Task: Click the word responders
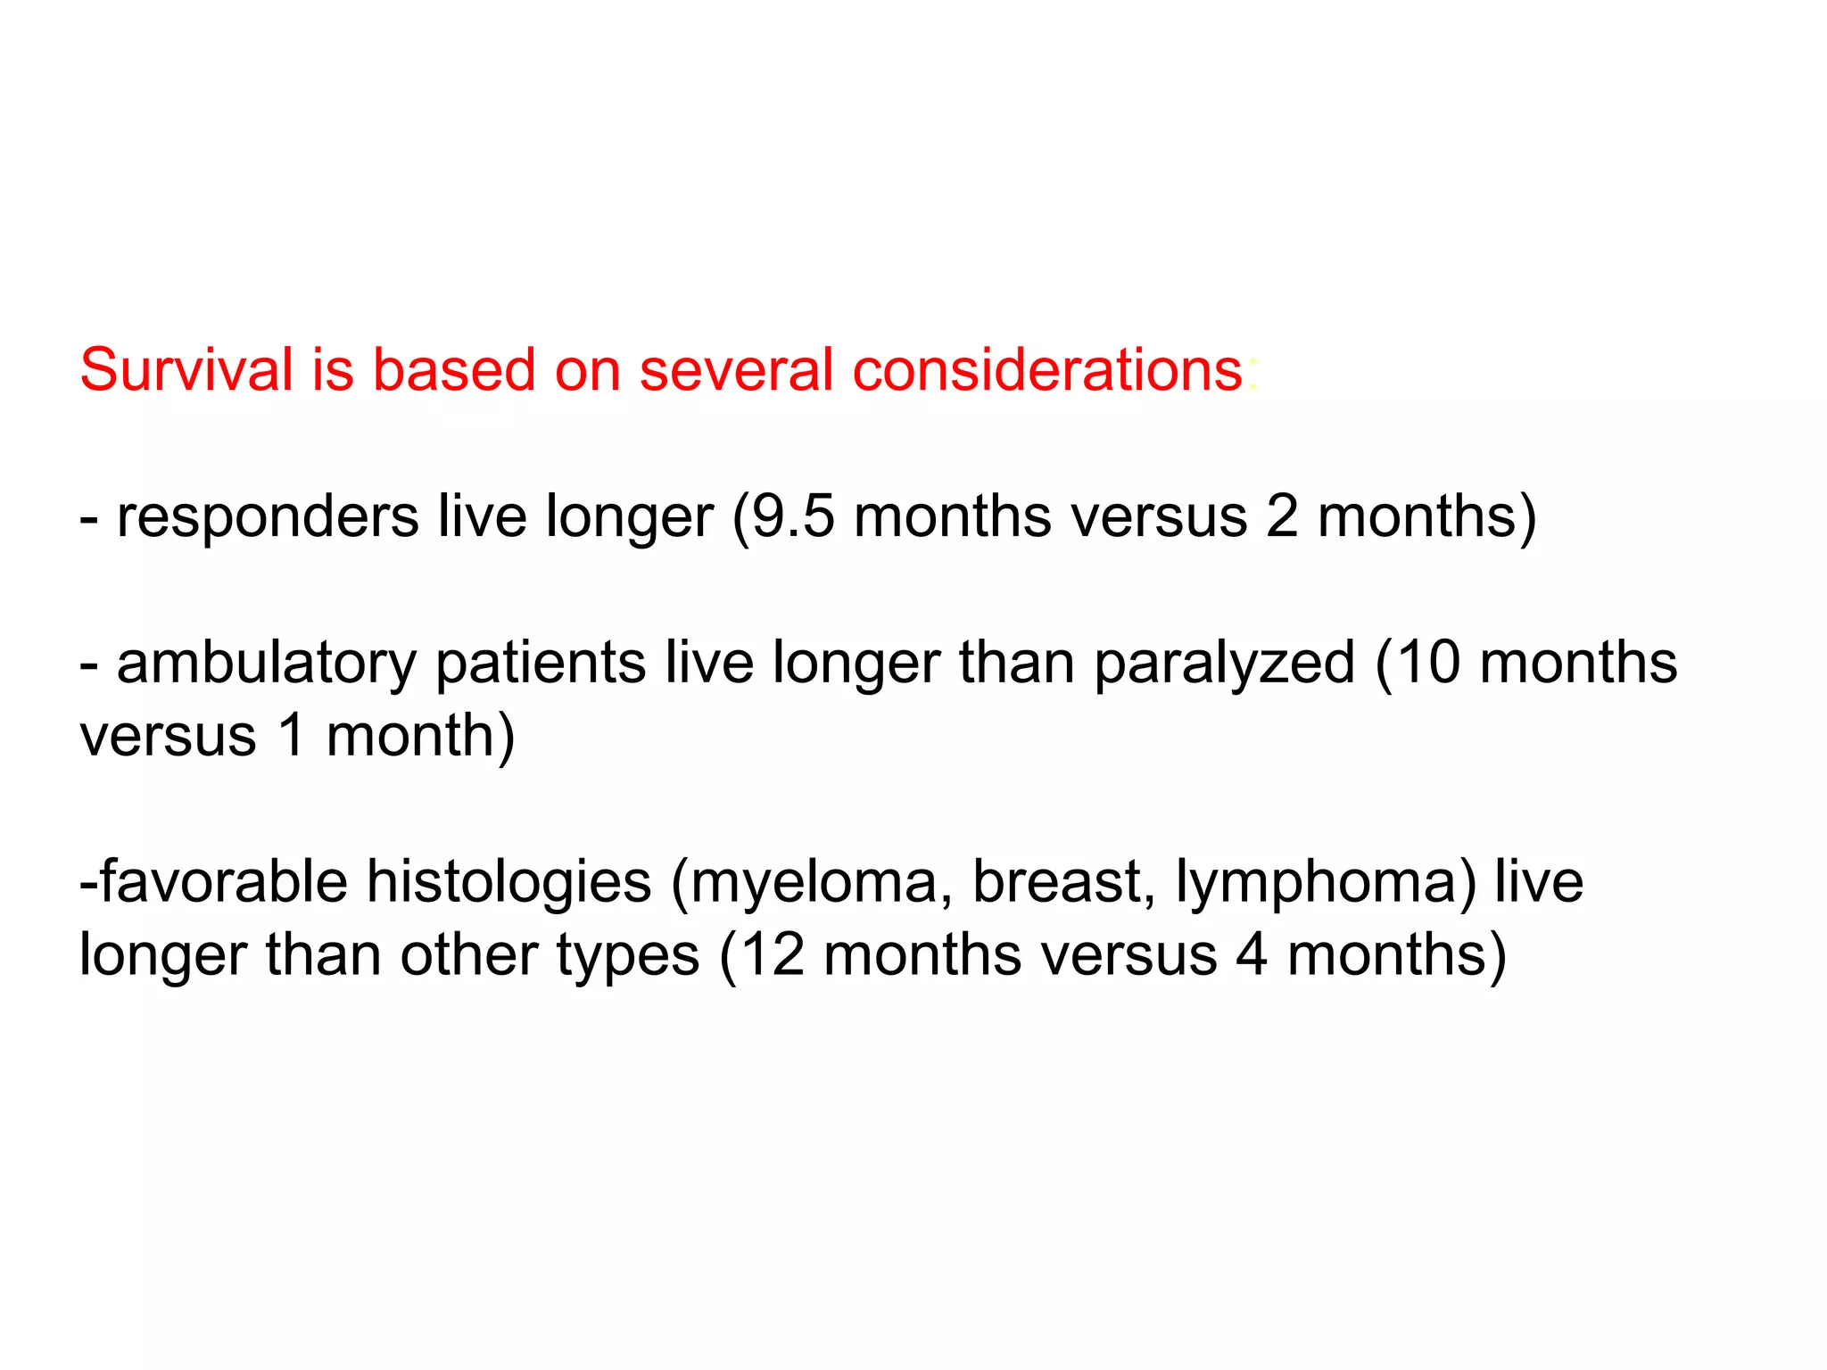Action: [268, 516]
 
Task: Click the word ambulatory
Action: [267, 663]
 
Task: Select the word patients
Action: [541, 663]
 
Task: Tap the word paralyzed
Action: [1224, 664]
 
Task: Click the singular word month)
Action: [420, 737]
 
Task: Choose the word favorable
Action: [223, 882]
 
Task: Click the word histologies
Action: [509, 882]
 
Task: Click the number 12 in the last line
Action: [773, 955]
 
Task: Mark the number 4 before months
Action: [1251, 955]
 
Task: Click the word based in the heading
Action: [452, 369]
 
